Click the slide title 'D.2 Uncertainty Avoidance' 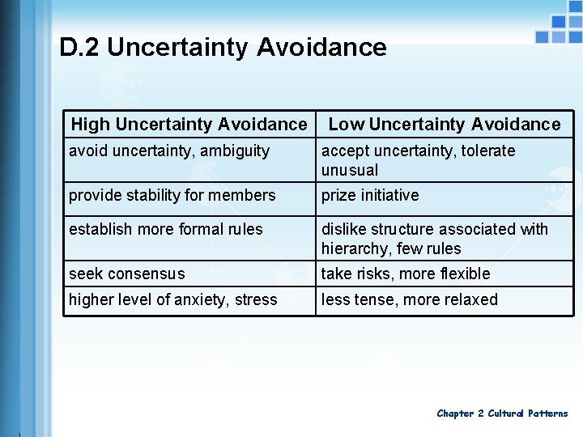pyautogui.click(x=223, y=47)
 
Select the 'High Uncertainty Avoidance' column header pyautogui.click(x=189, y=124)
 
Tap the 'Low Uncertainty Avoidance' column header pyautogui.click(x=444, y=124)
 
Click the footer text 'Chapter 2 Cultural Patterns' pyautogui.click(x=502, y=414)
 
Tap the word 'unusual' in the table pyautogui.click(x=350, y=170)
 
